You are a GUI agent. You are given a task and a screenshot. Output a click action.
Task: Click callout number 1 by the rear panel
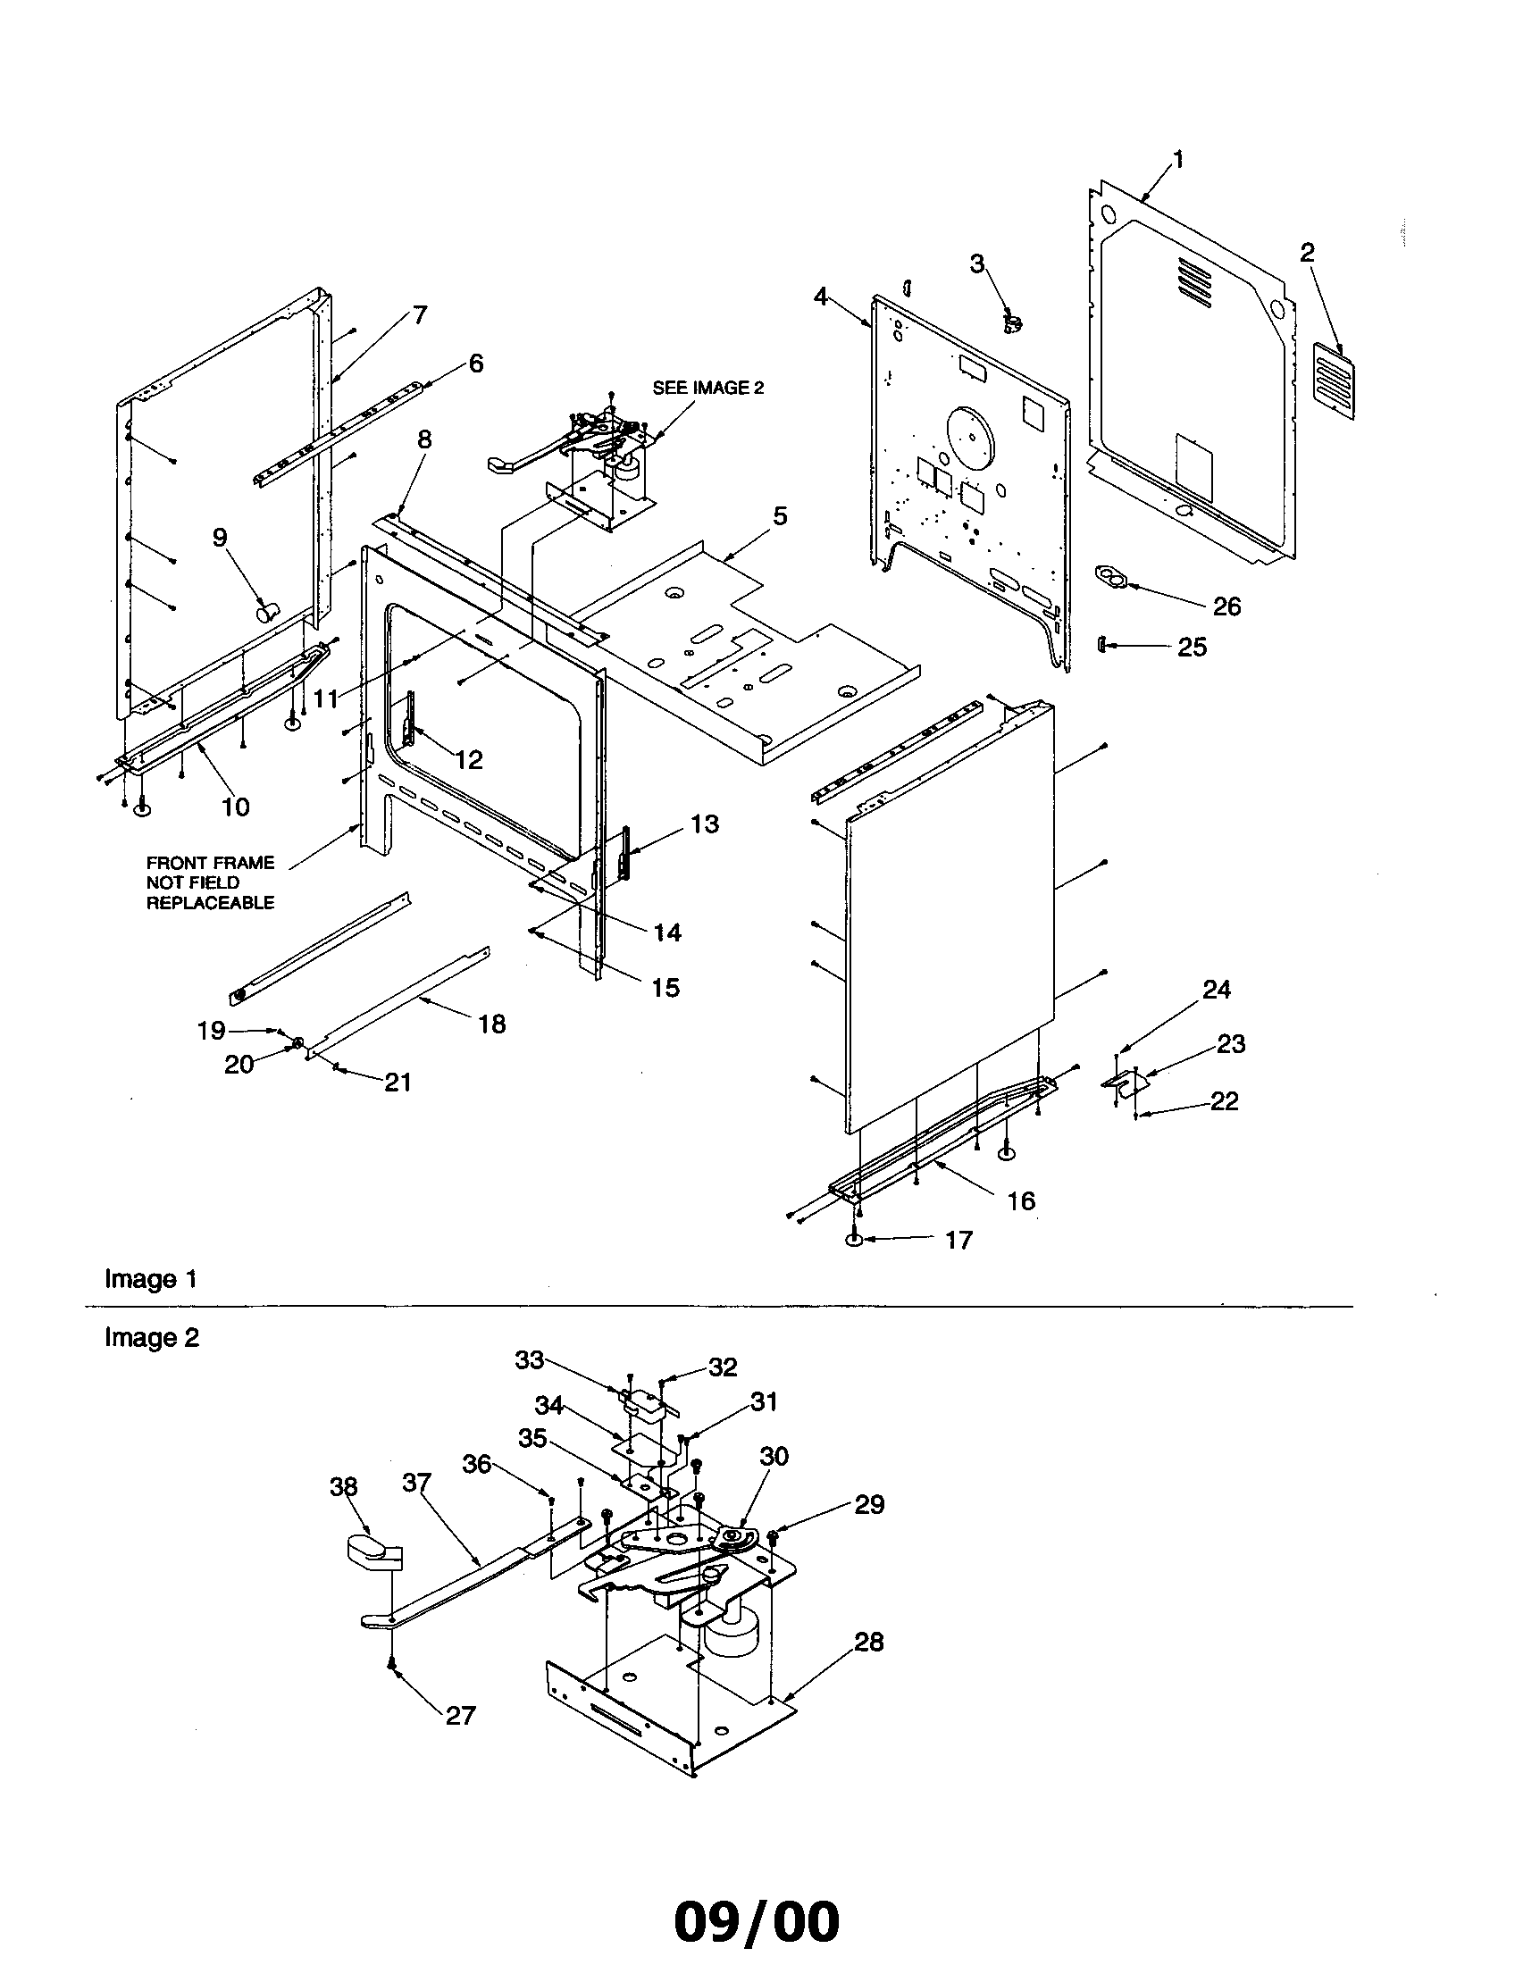click(x=1177, y=160)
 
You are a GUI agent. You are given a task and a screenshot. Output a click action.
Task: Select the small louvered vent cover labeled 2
click(x=1332, y=381)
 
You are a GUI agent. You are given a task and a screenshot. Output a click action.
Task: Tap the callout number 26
click(x=1226, y=606)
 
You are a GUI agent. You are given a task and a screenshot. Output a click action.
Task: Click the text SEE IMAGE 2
click(x=708, y=388)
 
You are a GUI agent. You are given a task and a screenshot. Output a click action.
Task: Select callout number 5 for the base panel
click(x=780, y=516)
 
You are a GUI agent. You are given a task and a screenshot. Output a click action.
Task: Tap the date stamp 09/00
click(x=757, y=1919)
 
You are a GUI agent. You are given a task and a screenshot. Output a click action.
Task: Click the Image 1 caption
click(x=150, y=1279)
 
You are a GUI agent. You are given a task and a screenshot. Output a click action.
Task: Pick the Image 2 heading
click(x=151, y=1338)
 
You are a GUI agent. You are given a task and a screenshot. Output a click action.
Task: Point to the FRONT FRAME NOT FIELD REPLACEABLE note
click(x=210, y=882)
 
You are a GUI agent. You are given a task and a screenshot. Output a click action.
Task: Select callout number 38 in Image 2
click(x=344, y=1487)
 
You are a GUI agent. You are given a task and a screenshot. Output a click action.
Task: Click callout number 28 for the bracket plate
click(x=868, y=1642)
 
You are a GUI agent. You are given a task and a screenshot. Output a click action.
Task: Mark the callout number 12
click(x=469, y=760)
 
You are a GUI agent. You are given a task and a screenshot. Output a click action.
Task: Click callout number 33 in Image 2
click(x=529, y=1360)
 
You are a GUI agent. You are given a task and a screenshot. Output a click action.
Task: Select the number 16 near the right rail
click(x=1021, y=1200)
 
